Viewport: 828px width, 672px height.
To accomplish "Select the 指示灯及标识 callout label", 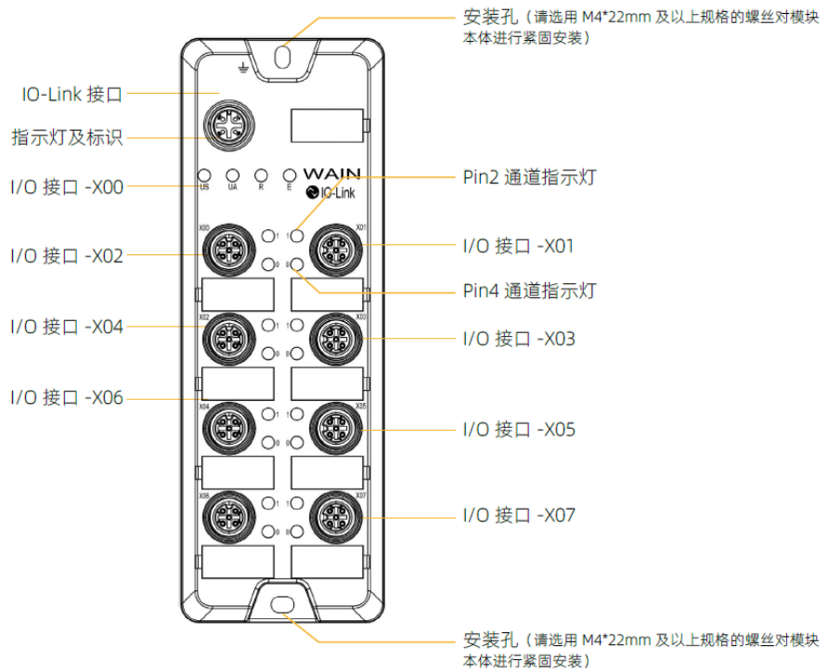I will click(x=67, y=138).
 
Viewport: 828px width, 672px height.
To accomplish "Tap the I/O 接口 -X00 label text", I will click(x=67, y=186).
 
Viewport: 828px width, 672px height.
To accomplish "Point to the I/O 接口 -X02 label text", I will click(x=67, y=254).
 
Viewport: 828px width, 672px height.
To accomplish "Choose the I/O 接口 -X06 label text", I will click(x=67, y=398).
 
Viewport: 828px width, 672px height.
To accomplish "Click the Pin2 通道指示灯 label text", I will click(x=529, y=176).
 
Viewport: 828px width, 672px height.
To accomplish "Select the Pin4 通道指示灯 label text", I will click(x=529, y=291).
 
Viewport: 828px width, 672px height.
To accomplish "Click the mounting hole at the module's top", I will click(x=284, y=57).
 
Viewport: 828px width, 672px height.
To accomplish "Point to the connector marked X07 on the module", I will click(x=334, y=513).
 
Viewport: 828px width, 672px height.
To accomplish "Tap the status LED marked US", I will click(x=205, y=174).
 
